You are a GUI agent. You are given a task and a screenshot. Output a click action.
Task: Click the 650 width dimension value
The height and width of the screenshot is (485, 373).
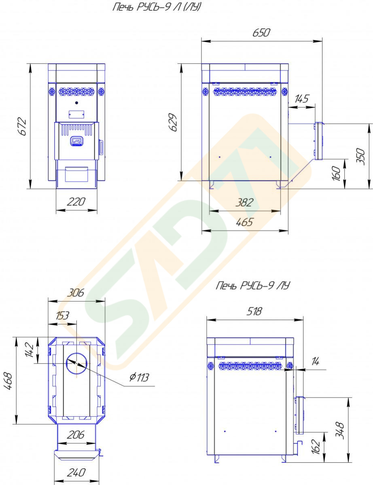tap(261, 32)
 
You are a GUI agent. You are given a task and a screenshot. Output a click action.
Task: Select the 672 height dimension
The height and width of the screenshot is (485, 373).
tap(22, 127)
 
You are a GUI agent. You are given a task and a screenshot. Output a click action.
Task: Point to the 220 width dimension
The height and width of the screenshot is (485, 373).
tap(76, 202)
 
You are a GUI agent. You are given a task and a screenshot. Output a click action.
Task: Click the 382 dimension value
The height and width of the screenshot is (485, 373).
tap(244, 202)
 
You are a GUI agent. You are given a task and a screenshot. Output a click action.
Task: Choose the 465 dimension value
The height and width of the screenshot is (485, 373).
tap(244, 222)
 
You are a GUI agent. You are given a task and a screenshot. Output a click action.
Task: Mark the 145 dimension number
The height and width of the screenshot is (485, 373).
tap(301, 99)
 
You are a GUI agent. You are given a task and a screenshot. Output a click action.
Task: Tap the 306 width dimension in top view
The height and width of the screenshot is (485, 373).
tap(76, 292)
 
